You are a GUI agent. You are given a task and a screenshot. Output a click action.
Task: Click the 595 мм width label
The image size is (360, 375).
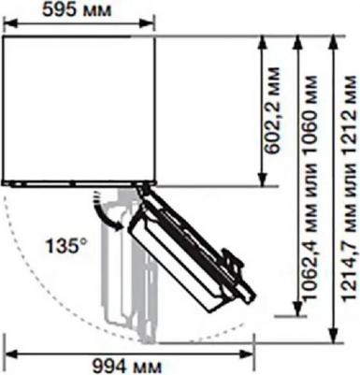[x=77, y=10]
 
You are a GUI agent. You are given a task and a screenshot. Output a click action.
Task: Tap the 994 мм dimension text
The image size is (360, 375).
[x=127, y=367]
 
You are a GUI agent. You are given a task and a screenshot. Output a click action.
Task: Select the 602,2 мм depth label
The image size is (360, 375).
[x=271, y=110]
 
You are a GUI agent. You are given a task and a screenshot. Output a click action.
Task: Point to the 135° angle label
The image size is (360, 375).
[x=65, y=245]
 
